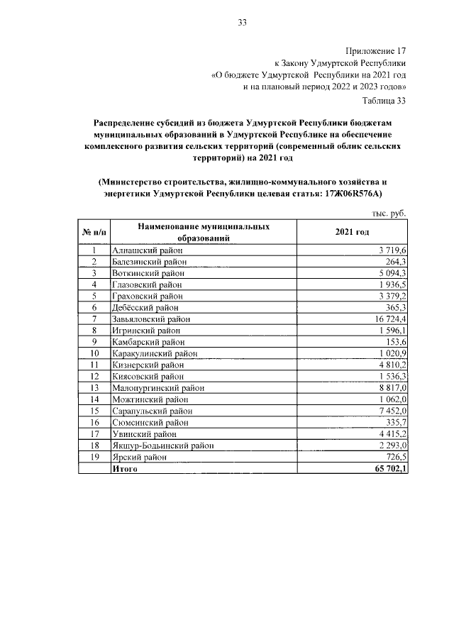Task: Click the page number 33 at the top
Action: [241, 23]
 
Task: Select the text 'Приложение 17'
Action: [375, 50]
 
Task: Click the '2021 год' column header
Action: [353, 233]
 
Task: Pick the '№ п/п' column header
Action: [93, 233]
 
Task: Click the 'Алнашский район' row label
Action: [147, 250]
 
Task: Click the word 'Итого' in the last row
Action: [125, 469]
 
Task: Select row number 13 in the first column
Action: [94, 388]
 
